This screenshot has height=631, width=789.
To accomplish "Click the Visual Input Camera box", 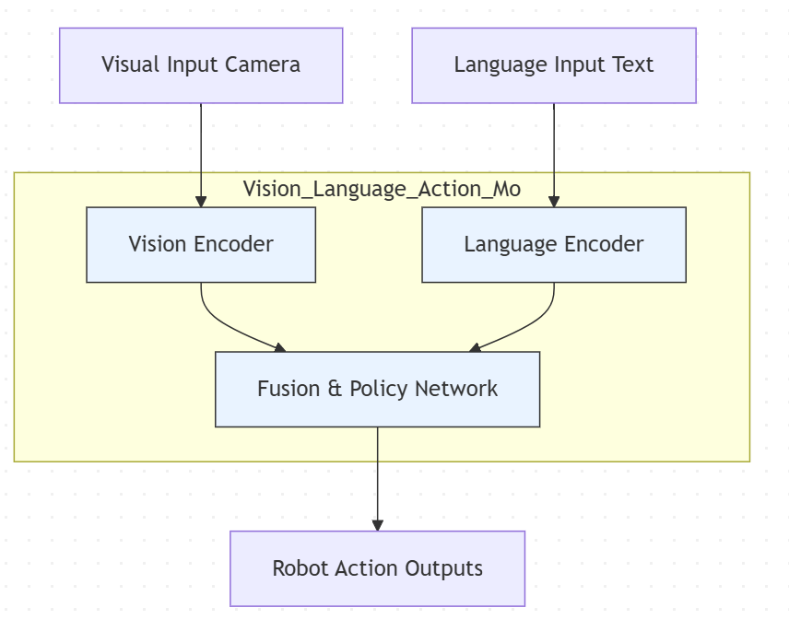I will pyautogui.click(x=201, y=65).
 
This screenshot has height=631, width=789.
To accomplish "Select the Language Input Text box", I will pyautogui.click(x=553, y=65).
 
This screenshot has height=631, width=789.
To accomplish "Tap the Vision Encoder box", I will pyautogui.click(x=201, y=244).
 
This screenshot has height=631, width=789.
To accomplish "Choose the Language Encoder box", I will pyautogui.click(x=553, y=244).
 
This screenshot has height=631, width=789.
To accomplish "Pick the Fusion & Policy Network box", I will pyautogui.click(x=377, y=389).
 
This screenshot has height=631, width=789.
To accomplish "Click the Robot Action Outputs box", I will pyautogui.click(x=377, y=568).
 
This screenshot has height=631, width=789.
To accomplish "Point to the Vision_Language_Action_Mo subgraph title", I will pyautogui.click(x=382, y=189).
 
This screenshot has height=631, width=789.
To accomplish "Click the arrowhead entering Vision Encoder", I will pyautogui.click(x=201, y=201).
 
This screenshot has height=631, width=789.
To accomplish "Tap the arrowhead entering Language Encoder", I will pyautogui.click(x=554, y=201).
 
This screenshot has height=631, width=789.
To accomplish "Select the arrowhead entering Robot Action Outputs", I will pyautogui.click(x=377, y=524).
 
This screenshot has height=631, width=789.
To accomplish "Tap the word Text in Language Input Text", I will pyautogui.click(x=631, y=65).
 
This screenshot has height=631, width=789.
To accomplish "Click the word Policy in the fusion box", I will pyautogui.click(x=379, y=389).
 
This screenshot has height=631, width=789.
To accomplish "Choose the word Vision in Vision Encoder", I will pyautogui.click(x=158, y=244).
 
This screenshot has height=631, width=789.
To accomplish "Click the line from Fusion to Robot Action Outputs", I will pyautogui.click(x=377, y=474).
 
